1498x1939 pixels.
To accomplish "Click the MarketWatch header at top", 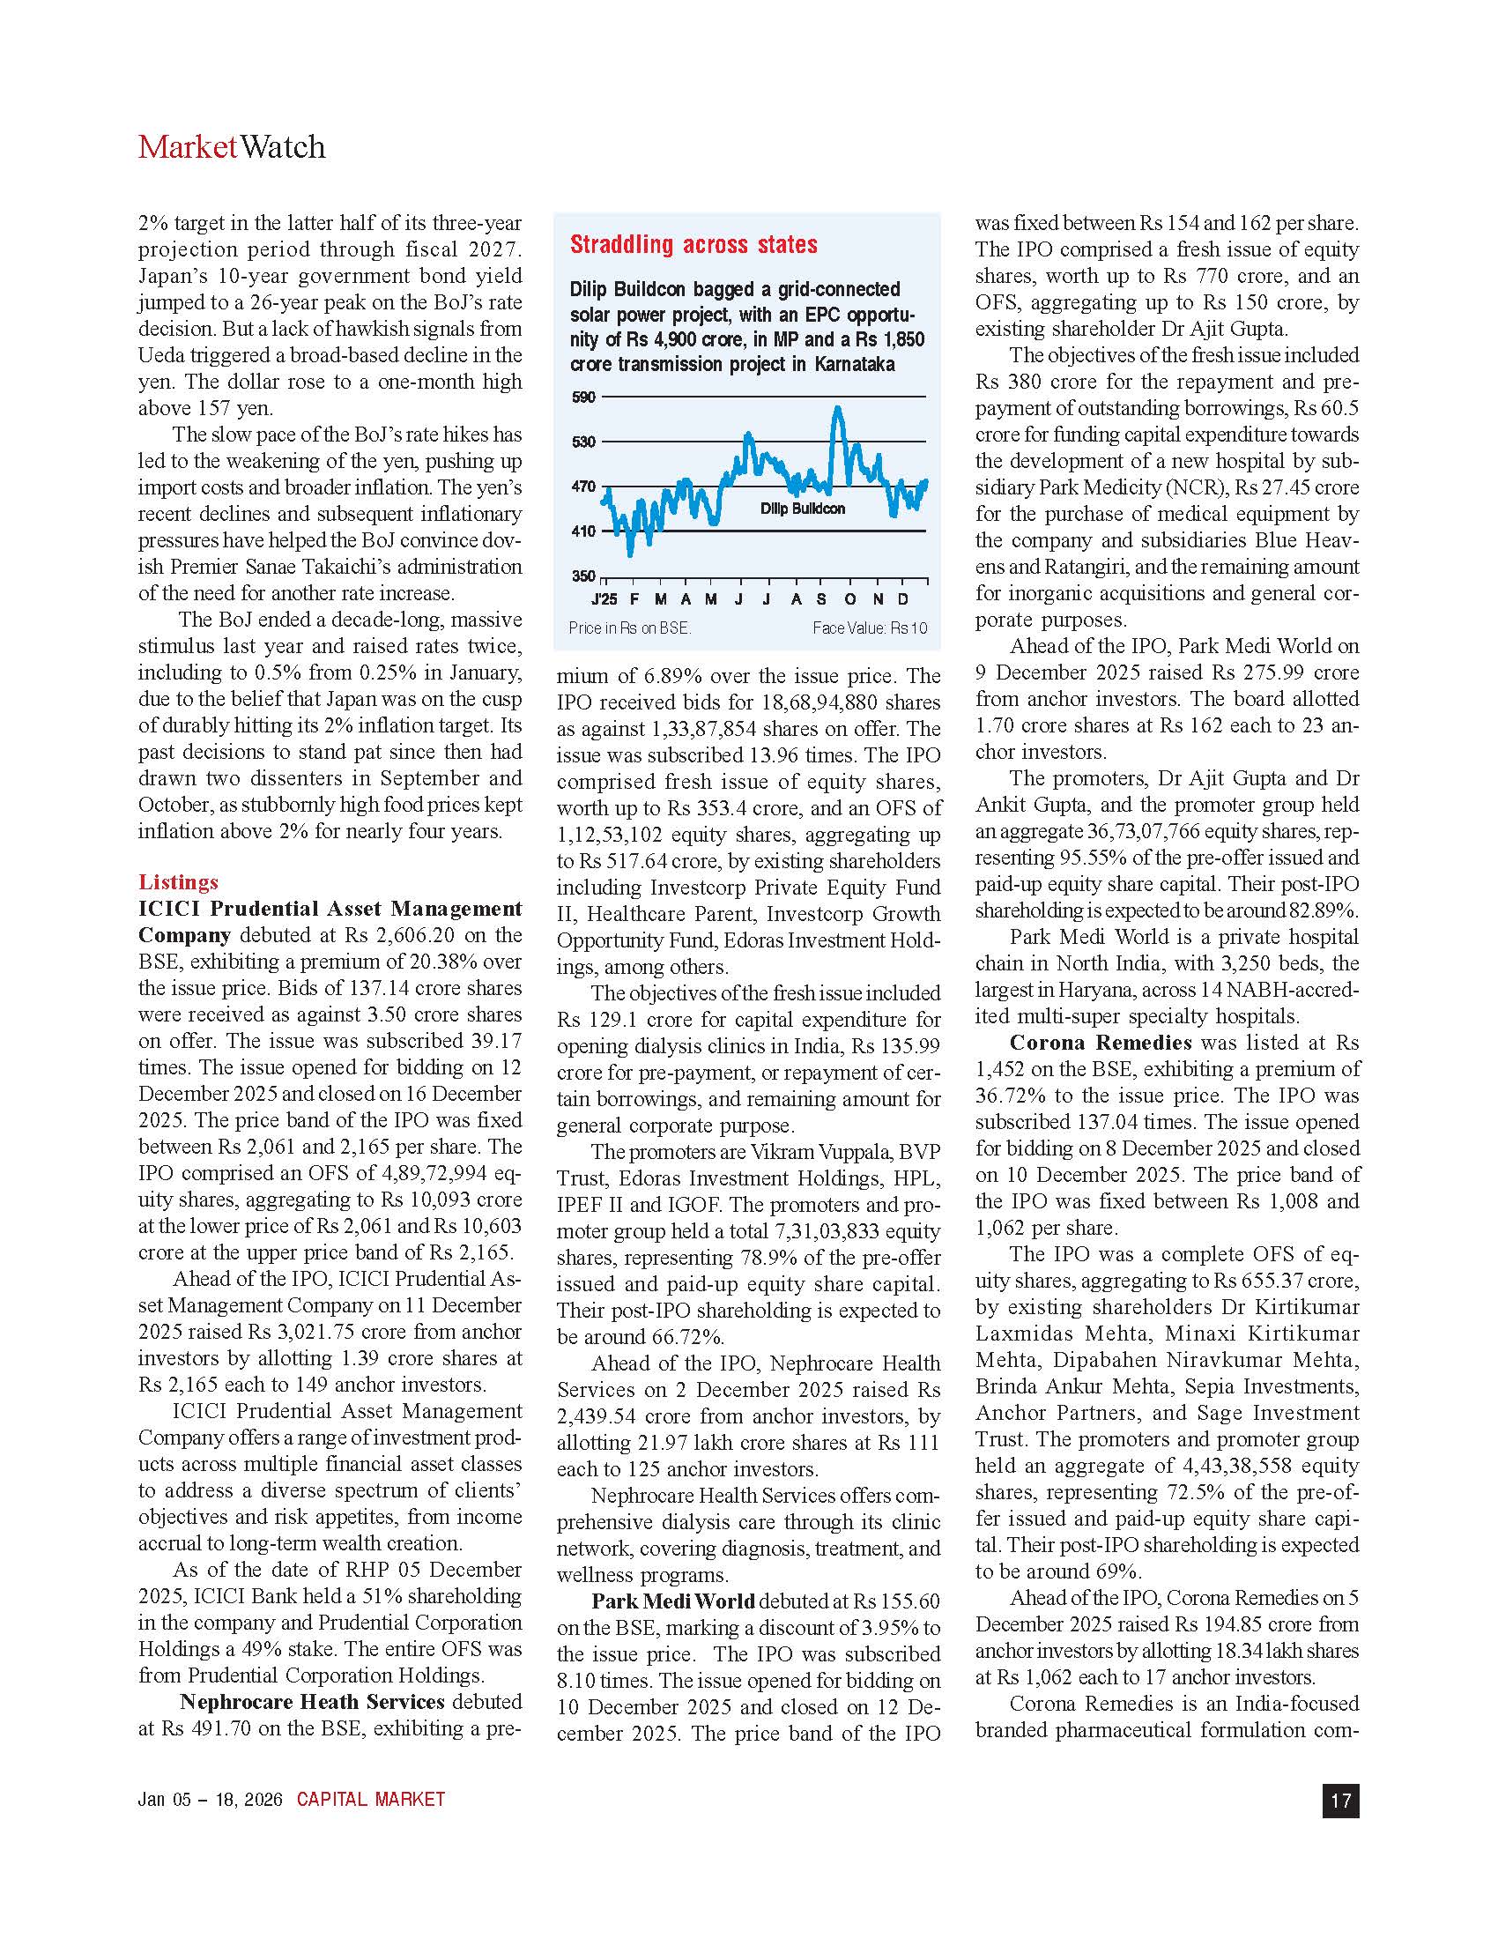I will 232,147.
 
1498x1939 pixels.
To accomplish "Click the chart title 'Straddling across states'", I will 693,245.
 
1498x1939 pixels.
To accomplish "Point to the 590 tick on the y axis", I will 583,397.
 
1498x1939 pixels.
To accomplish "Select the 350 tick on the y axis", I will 583,576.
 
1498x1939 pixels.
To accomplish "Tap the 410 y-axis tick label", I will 583,531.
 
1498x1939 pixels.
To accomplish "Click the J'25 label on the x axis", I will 604,600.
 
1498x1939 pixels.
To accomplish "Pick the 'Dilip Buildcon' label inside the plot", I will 802,509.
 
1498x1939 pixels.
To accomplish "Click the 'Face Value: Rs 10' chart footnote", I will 869,628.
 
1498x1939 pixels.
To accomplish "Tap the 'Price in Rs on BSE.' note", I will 629,628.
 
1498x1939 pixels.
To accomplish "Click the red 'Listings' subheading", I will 177,881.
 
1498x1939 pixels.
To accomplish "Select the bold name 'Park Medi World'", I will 672,1601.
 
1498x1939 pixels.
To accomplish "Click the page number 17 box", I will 1340,1801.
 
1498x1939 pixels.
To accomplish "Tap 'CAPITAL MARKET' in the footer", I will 370,1800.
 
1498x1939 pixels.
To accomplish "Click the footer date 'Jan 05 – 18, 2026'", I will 210,1800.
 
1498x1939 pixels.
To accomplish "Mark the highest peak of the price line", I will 837,407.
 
